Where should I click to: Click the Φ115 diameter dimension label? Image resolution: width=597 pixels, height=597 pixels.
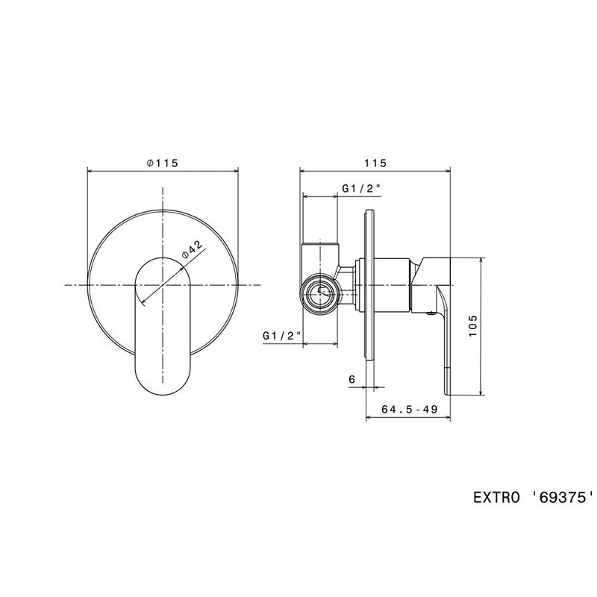click(163, 163)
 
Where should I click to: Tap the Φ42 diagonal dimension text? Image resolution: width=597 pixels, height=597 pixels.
click(193, 249)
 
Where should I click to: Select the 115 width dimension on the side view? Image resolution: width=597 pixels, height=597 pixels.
click(375, 163)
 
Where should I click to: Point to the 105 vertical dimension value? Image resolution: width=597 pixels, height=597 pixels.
click(472, 325)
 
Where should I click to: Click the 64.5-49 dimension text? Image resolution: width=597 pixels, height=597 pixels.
click(409, 409)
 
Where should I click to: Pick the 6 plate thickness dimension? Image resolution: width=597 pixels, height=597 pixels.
click(351, 379)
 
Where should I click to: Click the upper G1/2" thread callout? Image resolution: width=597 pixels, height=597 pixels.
click(361, 189)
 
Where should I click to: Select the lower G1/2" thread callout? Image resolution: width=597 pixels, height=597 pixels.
click(282, 336)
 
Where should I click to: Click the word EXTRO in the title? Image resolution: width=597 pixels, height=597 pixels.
click(496, 498)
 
